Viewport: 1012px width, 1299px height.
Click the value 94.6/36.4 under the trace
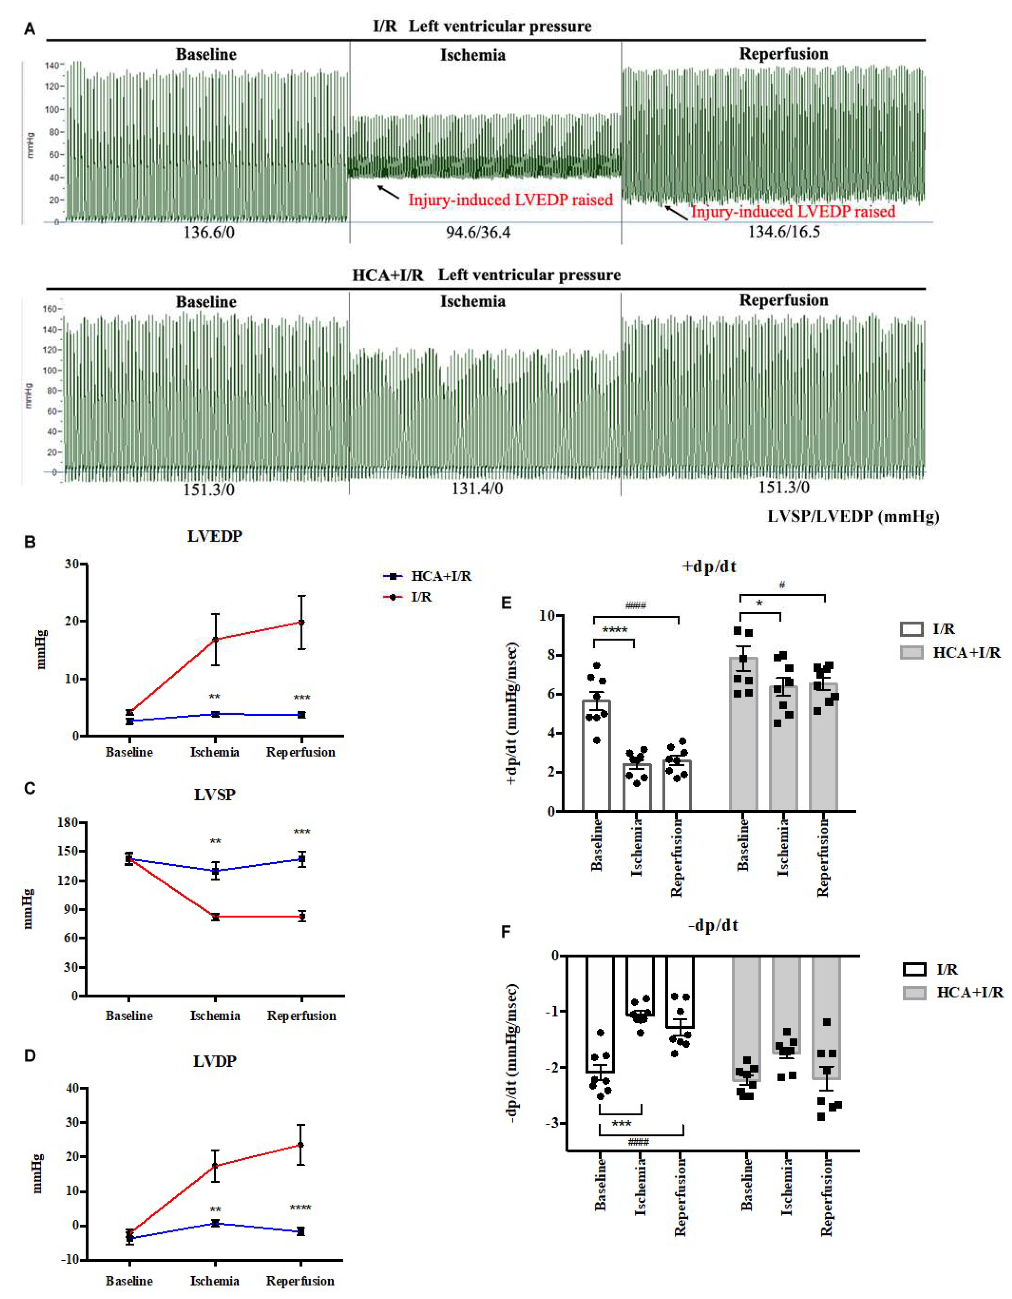tap(478, 232)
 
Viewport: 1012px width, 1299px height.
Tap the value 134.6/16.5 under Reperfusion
tap(784, 231)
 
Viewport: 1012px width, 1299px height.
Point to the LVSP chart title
tap(215, 795)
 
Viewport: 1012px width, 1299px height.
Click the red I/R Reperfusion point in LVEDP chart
tap(302, 622)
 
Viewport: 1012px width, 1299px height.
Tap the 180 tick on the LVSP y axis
tap(69, 823)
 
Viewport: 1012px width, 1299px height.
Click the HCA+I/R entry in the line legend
tap(441, 576)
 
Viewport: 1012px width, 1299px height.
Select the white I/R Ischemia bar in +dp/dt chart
tap(637, 788)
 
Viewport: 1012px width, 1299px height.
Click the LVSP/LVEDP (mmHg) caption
tap(853, 516)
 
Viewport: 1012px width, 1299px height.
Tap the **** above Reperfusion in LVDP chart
tap(300, 1208)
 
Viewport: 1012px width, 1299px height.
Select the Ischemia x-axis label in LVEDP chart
tap(215, 752)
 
